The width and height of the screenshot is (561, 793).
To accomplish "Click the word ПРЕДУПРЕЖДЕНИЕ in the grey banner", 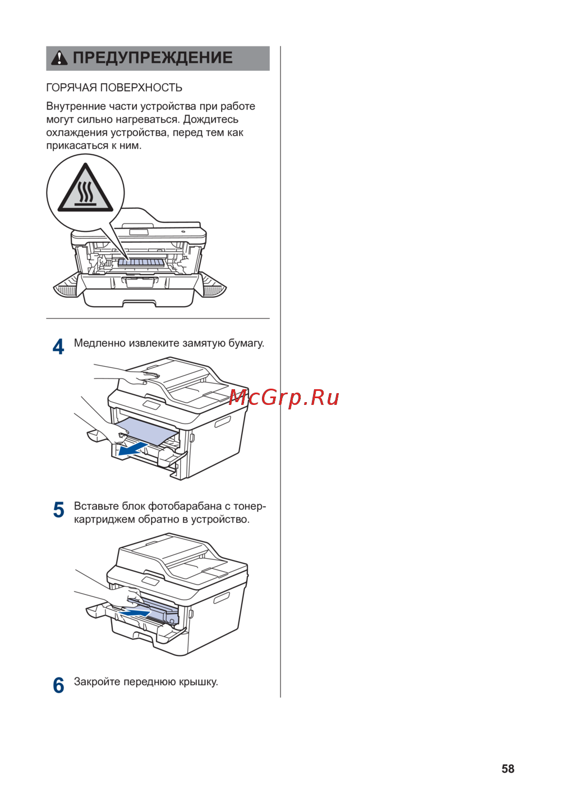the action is [153, 58].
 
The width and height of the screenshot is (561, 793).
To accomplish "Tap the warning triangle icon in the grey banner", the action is [59, 58].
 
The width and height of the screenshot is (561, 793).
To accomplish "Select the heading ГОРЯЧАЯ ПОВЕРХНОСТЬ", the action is [114, 88].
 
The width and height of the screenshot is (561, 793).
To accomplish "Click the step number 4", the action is [58, 347].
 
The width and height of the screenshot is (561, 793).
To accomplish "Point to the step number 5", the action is [58, 510].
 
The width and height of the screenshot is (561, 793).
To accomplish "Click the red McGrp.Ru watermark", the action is [284, 398].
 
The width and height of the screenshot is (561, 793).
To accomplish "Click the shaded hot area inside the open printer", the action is [141, 262].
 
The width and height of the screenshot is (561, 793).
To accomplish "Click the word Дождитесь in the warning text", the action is [210, 119].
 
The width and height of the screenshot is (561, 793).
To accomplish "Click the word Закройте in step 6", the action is [97, 681].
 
